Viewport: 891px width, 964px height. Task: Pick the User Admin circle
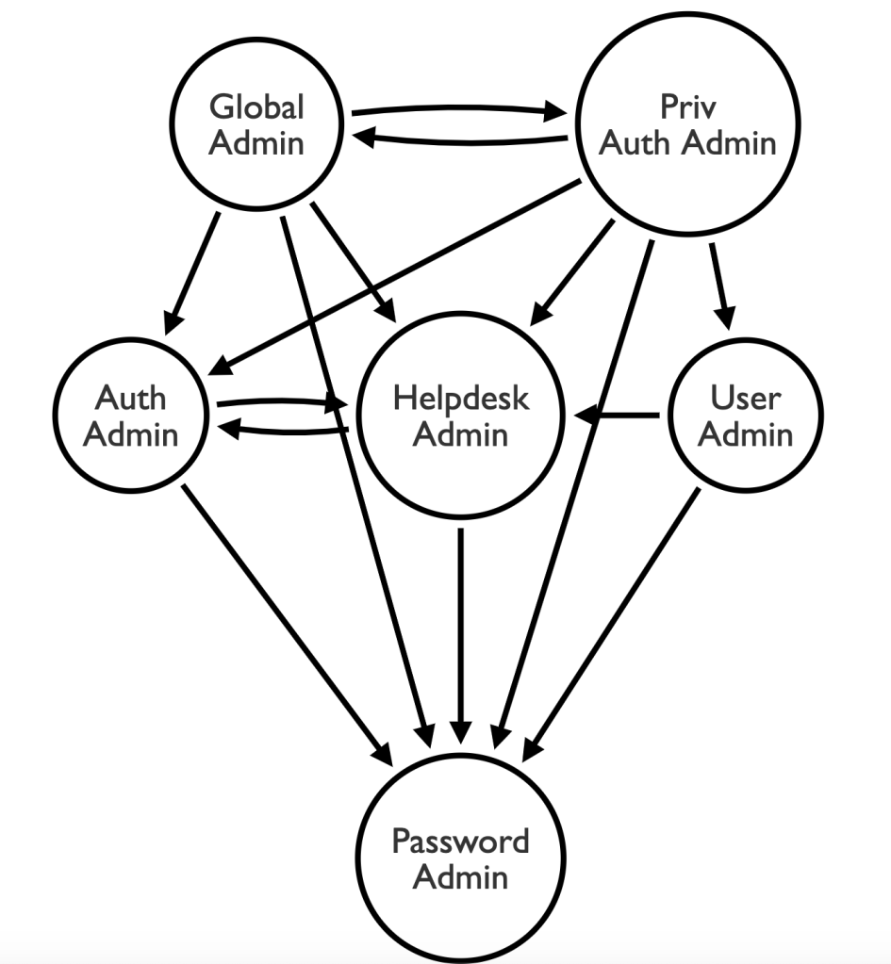pyautogui.click(x=745, y=415)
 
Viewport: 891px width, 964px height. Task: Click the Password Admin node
pyautogui.click(x=461, y=858)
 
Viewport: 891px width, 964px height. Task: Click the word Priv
pyautogui.click(x=688, y=106)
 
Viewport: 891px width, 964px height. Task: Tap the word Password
pyautogui.click(x=461, y=841)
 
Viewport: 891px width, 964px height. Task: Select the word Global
pyautogui.click(x=256, y=106)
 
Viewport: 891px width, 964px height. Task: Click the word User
pyautogui.click(x=745, y=398)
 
